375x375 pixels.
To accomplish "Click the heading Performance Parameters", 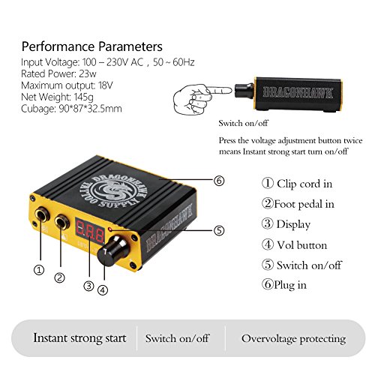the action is point(92,46).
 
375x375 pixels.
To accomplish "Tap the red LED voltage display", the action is point(90,231).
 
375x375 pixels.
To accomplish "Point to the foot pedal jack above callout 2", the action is point(62,222).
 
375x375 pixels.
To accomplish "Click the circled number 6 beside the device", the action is point(219,181).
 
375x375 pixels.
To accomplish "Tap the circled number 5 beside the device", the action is point(219,230).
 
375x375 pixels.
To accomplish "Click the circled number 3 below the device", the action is point(88,286).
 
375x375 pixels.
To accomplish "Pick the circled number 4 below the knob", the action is point(103,290).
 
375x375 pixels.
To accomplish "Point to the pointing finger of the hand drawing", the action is point(219,90).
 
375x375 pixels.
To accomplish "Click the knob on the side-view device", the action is point(244,91).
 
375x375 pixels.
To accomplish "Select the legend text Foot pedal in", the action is point(304,204).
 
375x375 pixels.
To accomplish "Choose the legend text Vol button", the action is point(301,245).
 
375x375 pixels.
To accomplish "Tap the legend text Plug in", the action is point(290,285).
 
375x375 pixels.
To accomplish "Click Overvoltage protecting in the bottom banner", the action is point(293,339).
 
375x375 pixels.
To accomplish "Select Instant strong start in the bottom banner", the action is point(79,338).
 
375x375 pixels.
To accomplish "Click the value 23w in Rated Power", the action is point(88,73).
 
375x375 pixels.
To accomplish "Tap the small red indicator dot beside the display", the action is point(109,229).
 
